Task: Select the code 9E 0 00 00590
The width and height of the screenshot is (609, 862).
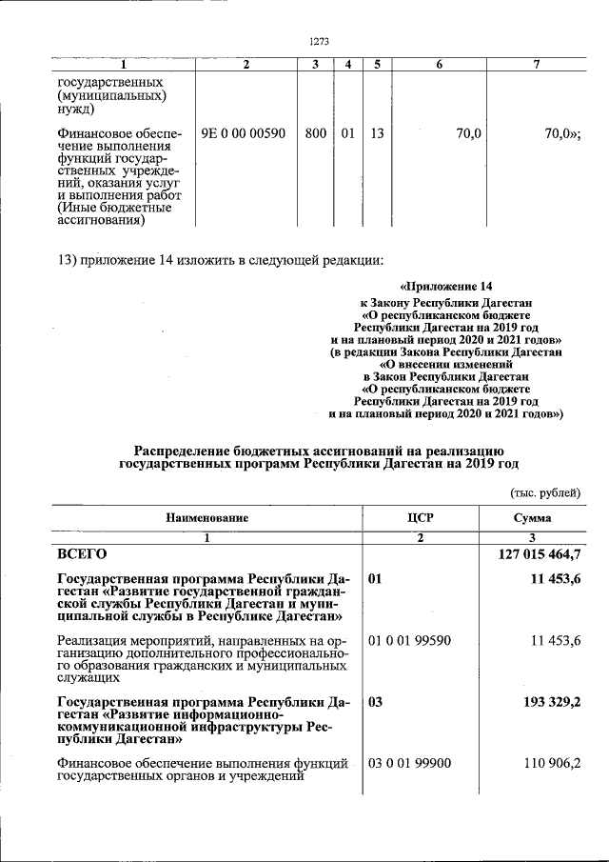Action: pyautogui.click(x=243, y=134)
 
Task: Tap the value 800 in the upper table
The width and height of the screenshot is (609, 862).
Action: pyautogui.click(x=316, y=134)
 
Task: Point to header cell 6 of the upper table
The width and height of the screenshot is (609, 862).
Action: pyautogui.click(x=439, y=64)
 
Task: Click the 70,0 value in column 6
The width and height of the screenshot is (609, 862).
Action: pyautogui.click(x=467, y=134)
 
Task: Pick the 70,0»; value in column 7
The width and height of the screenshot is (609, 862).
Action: pyautogui.click(x=562, y=134)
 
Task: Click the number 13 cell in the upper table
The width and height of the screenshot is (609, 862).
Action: pyautogui.click(x=377, y=134)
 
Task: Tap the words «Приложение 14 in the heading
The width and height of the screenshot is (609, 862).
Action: pyautogui.click(x=445, y=287)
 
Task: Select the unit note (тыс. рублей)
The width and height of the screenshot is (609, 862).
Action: pyautogui.click(x=545, y=492)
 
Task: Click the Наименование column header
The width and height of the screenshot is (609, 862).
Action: pyautogui.click(x=206, y=518)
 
